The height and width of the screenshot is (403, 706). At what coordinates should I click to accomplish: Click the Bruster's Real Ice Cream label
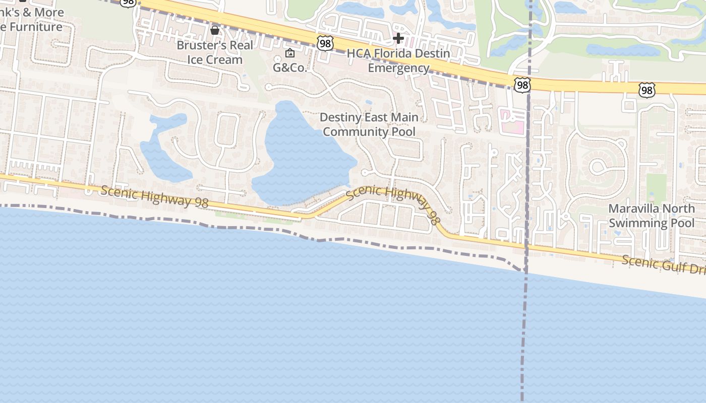click(x=214, y=52)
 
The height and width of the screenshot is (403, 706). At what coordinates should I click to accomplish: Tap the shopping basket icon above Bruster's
click(x=215, y=31)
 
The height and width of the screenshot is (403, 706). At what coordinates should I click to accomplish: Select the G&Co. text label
click(x=290, y=68)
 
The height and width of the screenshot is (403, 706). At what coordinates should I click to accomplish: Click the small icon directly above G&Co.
click(x=290, y=53)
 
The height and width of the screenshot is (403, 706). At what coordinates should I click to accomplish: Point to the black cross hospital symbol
click(x=398, y=38)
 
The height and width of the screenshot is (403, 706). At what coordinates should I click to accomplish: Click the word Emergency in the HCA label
click(x=398, y=68)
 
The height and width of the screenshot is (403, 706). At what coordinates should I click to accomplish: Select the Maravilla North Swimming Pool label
click(x=651, y=216)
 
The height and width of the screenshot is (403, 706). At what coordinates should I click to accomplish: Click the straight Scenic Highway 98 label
click(x=154, y=196)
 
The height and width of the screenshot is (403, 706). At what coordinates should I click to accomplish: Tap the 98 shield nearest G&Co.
click(x=325, y=44)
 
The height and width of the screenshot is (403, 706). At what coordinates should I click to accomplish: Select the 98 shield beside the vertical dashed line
click(x=522, y=85)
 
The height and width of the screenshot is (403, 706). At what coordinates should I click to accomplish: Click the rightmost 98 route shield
click(x=646, y=90)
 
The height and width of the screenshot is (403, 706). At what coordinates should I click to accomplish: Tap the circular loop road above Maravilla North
click(x=600, y=166)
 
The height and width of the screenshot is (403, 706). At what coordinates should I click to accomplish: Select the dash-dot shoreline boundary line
click(x=252, y=227)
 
